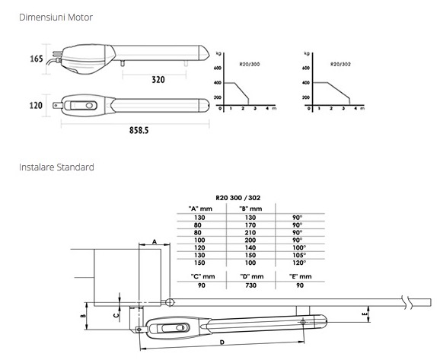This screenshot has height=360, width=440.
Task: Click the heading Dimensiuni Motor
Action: pos(56,17)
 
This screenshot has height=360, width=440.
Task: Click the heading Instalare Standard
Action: pos(56,167)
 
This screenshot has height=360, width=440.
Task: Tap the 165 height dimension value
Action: pos(37,59)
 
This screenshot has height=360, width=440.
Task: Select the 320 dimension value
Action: pos(158,80)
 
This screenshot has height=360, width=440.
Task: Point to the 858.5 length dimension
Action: pos(139,130)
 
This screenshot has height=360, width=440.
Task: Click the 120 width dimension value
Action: pos(36,106)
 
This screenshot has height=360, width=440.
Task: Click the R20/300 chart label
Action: pos(250,64)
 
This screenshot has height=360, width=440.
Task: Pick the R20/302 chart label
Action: pos(340,64)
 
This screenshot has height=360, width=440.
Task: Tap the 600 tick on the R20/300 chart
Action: pos(218,68)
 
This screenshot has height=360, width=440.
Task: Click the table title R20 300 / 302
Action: pos(238,198)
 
